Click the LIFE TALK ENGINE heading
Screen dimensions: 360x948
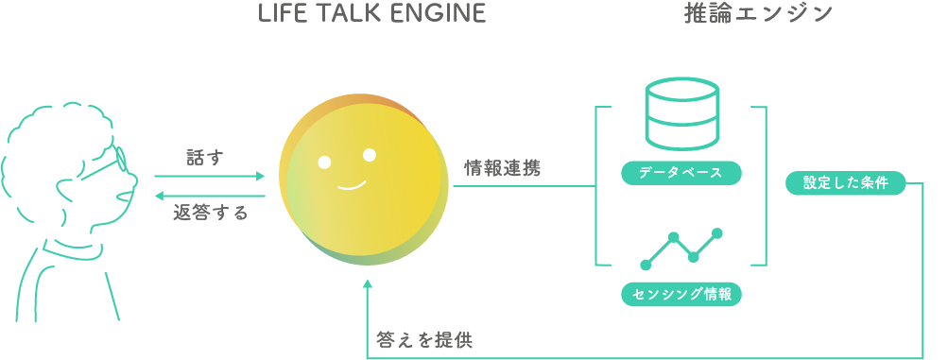point(372,14)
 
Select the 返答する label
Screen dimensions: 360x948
point(211,214)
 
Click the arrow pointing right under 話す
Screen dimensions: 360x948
point(210,176)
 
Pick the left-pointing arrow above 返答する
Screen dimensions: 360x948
point(210,196)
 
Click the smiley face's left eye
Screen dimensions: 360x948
point(324,162)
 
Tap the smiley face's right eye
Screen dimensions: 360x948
point(370,155)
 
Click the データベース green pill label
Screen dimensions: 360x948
point(681,173)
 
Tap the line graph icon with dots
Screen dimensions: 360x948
point(681,248)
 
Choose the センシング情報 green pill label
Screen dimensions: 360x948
point(681,294)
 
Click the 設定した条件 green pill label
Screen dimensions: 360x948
point(845,183)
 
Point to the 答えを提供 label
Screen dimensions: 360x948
point(424,340)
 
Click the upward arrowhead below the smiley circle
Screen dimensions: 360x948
point(368,285)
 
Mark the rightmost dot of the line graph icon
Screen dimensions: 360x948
point(717,232)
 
